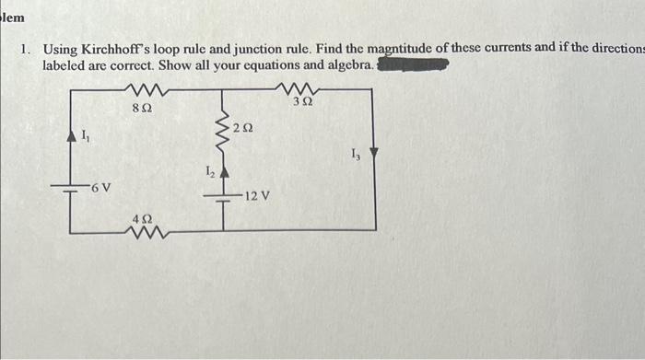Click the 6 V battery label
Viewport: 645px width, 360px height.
click(100, 188)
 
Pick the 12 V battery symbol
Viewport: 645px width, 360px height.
click(222, 196)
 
